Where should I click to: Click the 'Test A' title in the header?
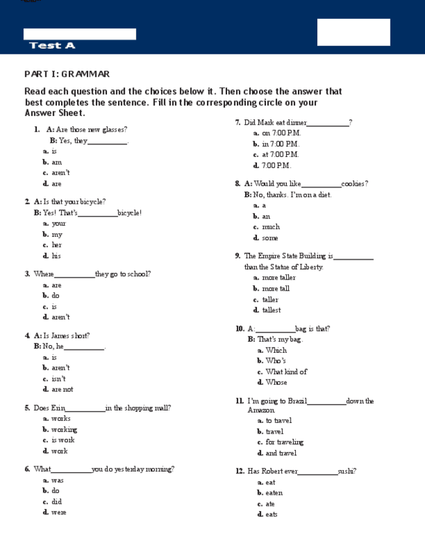(x=52, y=45)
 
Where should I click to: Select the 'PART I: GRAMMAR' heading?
(x=67, y=74)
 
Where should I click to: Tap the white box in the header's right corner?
(x=354, y=32)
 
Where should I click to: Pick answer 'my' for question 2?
(x=57, y=234)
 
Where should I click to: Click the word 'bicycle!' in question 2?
(x=130, y=213)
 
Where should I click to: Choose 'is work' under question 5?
(x=63, y=440)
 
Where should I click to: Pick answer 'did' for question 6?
(x=56, y=501)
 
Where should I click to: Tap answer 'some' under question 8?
(x=270, y=238)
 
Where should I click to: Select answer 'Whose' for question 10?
(x=276, y=382)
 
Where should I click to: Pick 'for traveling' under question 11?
(x=284, y=442)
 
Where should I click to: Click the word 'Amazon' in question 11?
(x=261, y=410)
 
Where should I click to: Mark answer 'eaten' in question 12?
(x=274, y=493)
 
